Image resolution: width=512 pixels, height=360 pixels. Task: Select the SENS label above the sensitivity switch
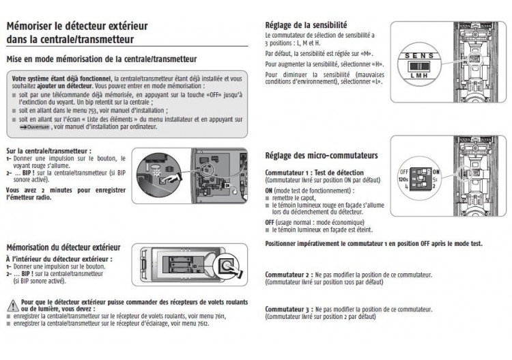click(x=416, y=55)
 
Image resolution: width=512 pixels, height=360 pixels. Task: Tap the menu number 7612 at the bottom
click(x=201, y=323)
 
